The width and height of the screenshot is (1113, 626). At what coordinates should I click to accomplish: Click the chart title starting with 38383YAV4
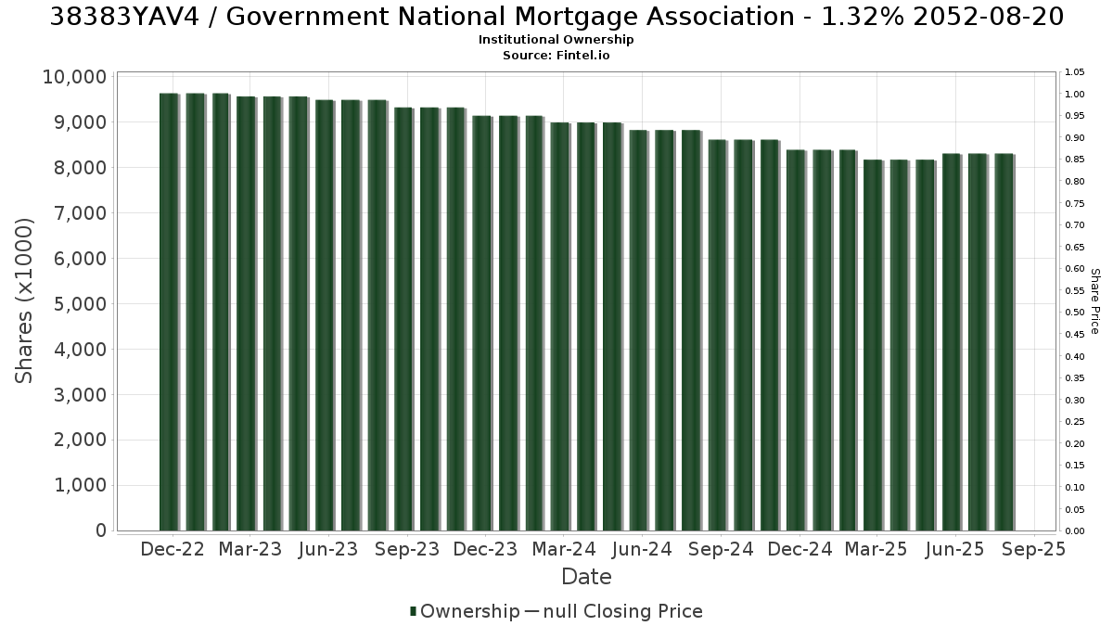(x=556, y=17)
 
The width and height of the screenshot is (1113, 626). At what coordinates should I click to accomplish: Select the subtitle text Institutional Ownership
(x=556, y=40)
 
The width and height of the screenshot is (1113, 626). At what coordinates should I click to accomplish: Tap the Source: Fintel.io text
(x=556, y=55)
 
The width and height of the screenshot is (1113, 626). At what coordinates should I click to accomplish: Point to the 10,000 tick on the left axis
(x=74, y=77)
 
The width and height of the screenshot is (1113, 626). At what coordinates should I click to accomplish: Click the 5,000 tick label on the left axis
(x=80, y=304)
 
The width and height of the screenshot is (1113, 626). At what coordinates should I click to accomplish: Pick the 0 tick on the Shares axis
(x=101, y=530)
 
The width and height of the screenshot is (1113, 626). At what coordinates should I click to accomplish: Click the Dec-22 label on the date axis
(x=173, y=549)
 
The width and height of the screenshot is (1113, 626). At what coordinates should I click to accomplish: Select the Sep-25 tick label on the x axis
(x=1033, y=549)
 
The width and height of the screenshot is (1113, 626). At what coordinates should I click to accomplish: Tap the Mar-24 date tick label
(x=564, y=549)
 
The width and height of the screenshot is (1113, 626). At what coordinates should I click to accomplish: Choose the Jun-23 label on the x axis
(x=328, y=549)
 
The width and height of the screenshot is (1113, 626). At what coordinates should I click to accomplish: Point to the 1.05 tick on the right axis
(x=1075, y=72)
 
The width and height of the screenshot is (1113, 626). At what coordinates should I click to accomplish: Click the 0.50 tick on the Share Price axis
(x=1075, y=313)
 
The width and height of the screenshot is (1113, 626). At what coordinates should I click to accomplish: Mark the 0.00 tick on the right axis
(x=1075, y=531)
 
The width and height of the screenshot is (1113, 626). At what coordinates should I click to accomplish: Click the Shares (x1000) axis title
(x=23, y=301)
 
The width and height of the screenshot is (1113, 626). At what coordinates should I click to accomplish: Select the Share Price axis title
(x=1094, y=301)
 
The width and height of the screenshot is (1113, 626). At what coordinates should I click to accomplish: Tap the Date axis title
(x=586, y=577)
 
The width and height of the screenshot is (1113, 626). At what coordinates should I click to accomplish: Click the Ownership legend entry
(x=465, y=611)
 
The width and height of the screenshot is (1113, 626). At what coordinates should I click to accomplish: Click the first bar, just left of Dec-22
(x=170, y=312)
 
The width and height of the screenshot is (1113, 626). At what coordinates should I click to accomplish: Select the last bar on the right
(x=1004, y=342)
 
